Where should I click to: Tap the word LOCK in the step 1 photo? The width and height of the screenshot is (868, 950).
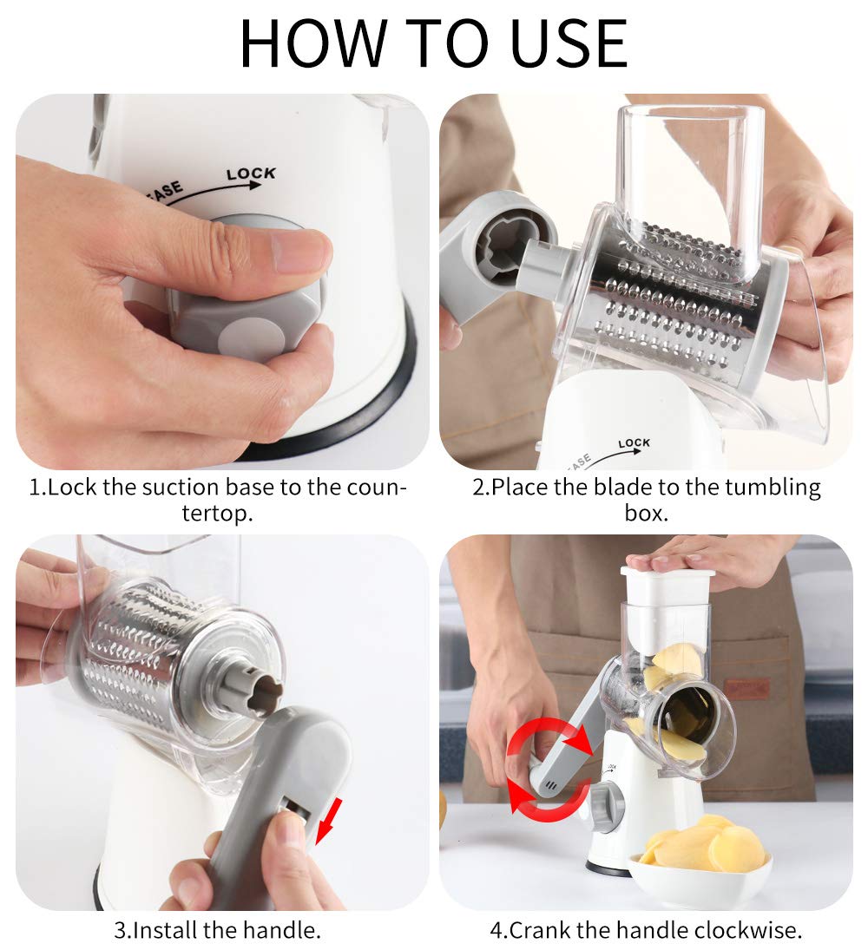coord(251,174)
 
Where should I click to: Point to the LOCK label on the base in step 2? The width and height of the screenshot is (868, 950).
coord(634,443)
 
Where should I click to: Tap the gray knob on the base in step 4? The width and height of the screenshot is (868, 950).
coord(607,804)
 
